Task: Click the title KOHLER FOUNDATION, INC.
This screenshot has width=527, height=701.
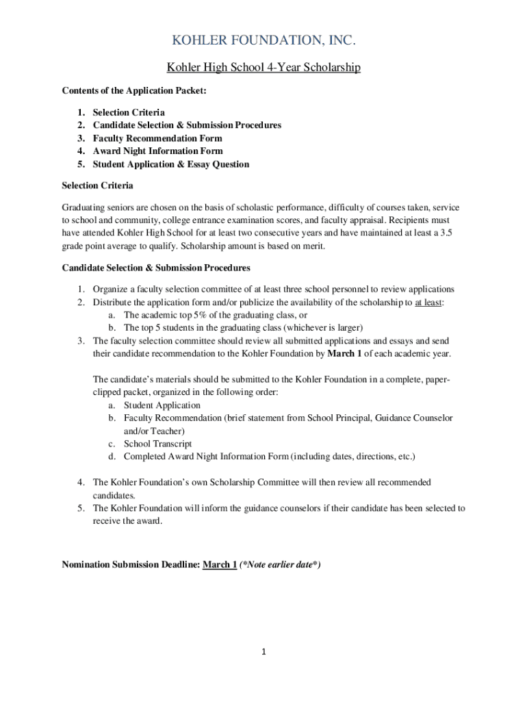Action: pos(263,42)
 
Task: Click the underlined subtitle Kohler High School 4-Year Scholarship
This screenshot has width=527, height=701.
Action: pos(263,68)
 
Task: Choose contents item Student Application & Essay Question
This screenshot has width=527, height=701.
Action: pos(171,164)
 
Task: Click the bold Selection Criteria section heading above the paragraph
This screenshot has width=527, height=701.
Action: pos(97,186)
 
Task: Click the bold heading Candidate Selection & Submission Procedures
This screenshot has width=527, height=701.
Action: pos(156,268)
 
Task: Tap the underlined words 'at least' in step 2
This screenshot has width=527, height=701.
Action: pos(428,303)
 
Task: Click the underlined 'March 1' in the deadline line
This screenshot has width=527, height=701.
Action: pos(220,565)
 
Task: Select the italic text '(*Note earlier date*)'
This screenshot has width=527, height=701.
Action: pos(280,565)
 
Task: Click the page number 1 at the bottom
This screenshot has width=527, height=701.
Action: pos(263,652)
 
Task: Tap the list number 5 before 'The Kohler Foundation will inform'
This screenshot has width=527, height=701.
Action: pos(80,508)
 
